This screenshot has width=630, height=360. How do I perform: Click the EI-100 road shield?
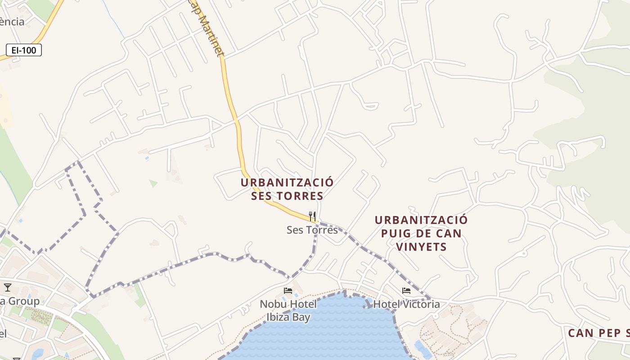point(24,50)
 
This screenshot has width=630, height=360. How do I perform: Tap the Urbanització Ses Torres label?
point(287,189)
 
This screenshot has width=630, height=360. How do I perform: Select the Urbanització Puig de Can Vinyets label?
point(421,233)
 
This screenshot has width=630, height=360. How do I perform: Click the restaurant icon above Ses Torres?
point(312,216)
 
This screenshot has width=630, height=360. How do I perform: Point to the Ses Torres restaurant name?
point(312,230)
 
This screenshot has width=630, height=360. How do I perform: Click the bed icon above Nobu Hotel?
point(288,291)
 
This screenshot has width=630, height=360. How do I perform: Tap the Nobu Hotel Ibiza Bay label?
point(288,310)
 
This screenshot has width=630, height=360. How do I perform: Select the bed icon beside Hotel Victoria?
point(406,291)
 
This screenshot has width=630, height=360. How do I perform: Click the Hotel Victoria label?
point(406,304)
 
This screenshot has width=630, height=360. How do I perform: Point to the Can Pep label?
point(598,333)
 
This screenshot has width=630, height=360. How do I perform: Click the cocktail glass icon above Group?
point(7,287)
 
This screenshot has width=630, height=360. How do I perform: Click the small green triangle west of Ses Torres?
point(153,183)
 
